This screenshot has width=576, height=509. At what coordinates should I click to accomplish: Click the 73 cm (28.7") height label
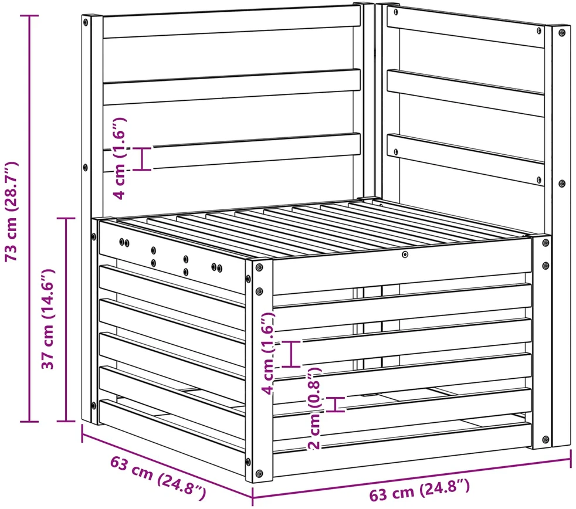[11, 211]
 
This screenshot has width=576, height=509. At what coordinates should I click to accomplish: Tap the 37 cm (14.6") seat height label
[48, 319]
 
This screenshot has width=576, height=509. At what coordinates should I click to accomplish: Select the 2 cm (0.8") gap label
[315, 408]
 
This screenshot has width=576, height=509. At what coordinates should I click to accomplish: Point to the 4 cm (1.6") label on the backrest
[120, 158]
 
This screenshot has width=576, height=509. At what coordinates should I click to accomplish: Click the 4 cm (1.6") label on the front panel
[269, 353]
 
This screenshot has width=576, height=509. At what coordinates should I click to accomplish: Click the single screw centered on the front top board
[405, 254]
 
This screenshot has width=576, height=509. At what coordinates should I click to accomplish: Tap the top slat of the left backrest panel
[232, 26]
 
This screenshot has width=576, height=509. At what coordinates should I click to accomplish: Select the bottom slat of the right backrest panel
[466, 159]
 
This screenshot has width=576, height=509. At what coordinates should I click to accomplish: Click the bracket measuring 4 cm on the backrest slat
[142, 159]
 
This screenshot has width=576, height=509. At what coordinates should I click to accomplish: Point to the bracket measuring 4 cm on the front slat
[292, 354]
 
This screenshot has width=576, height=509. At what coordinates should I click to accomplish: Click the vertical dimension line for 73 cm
[29, 219]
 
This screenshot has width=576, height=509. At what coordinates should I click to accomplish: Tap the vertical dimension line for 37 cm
[66, 320]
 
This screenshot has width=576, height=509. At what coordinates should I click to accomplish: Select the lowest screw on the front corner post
[259, 473]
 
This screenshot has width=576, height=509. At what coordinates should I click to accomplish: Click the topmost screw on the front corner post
[259, 267]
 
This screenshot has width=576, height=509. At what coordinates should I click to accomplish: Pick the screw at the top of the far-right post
[562, 33]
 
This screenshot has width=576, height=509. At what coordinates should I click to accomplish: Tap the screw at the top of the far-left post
[86, 22]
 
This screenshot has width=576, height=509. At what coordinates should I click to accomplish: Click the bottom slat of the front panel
[402, 450]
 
